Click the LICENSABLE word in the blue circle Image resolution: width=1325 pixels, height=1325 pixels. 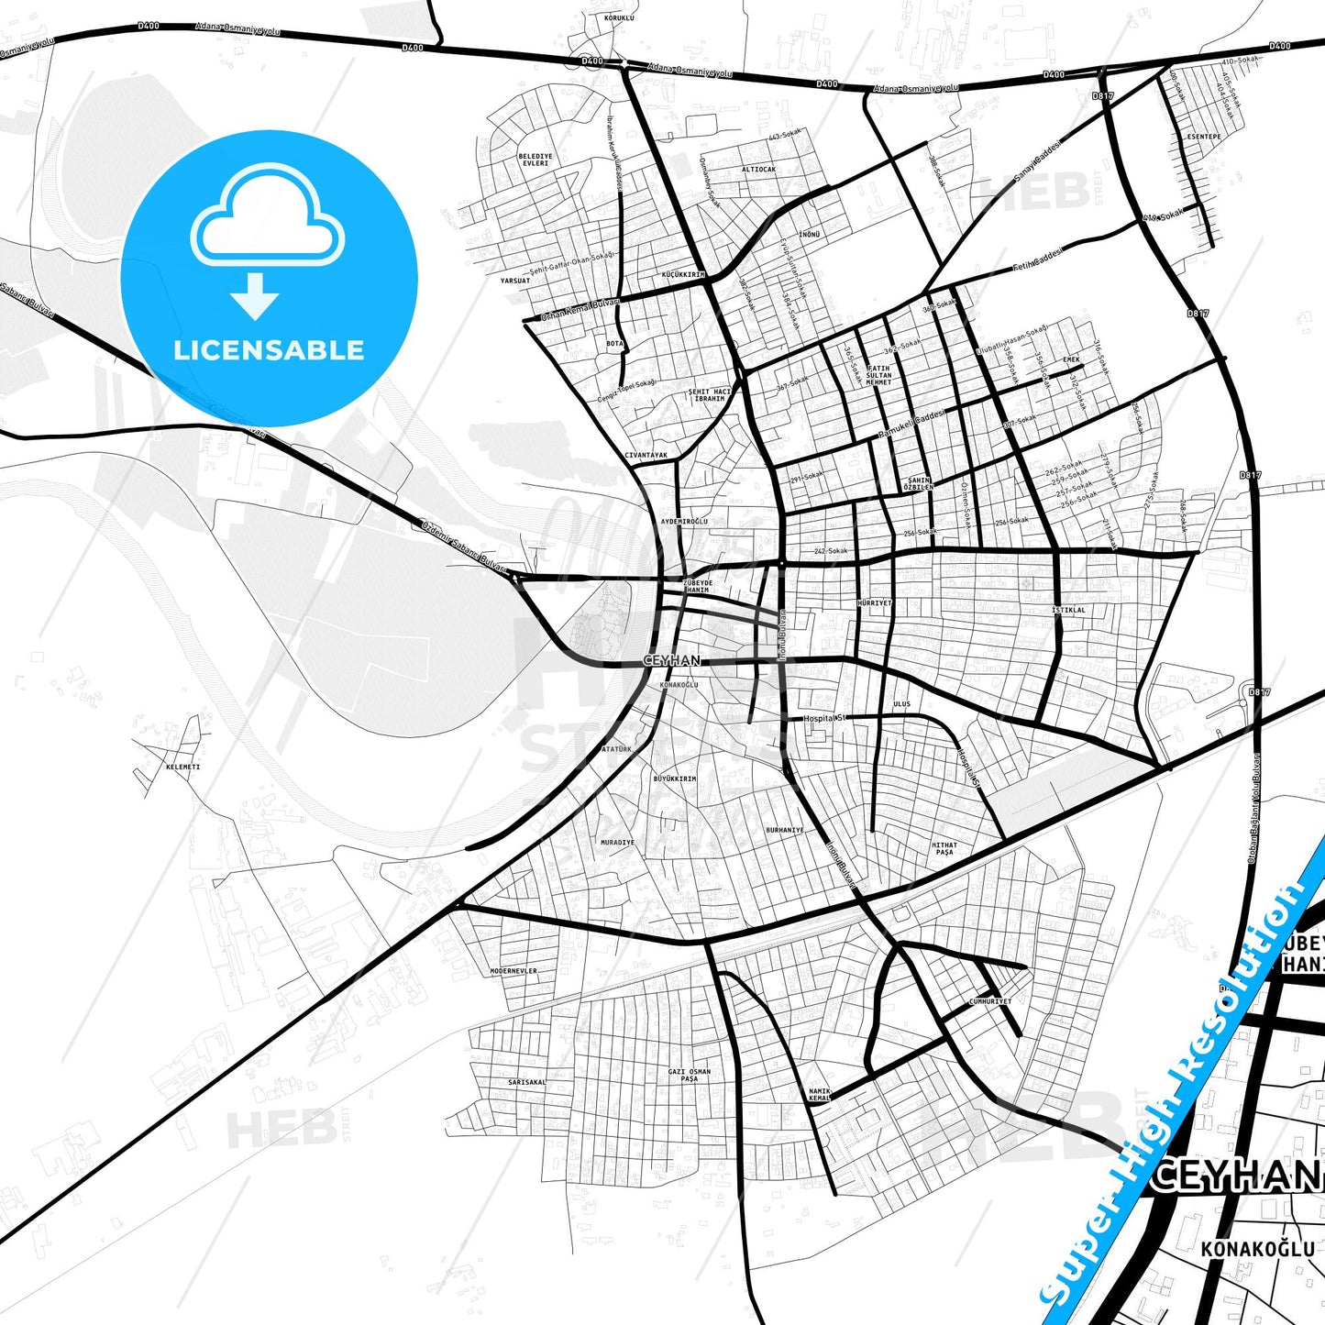coord(269,350)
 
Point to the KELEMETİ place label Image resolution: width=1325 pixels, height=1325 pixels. coord(182,767)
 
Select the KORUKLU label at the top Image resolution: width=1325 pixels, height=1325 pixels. coord(619,18)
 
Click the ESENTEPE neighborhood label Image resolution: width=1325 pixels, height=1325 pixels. coord(1204,137)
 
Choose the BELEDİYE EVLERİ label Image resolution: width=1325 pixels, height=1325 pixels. coord(535,160)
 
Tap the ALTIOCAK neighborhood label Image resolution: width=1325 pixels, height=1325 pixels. coord(758,170)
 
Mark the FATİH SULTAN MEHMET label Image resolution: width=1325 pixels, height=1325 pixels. coord(878,375)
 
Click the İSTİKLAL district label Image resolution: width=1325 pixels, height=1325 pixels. coord(1068,610)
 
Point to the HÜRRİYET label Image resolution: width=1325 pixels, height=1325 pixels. coord(874,603)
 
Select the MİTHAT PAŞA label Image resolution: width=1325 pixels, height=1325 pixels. coord(944,848)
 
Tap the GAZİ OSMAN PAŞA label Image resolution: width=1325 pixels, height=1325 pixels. coord(690,1075)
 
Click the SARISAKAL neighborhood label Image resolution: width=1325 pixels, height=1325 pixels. coord(526,1082)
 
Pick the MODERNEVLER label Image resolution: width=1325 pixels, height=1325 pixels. coord(513,970)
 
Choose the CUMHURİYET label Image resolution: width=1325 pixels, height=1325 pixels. coord(990,1001)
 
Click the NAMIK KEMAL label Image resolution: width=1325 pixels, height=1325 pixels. coord(819,1094)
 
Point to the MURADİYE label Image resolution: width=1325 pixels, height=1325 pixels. coord(617,842)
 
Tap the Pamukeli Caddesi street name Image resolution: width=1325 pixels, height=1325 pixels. coord(911,423)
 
